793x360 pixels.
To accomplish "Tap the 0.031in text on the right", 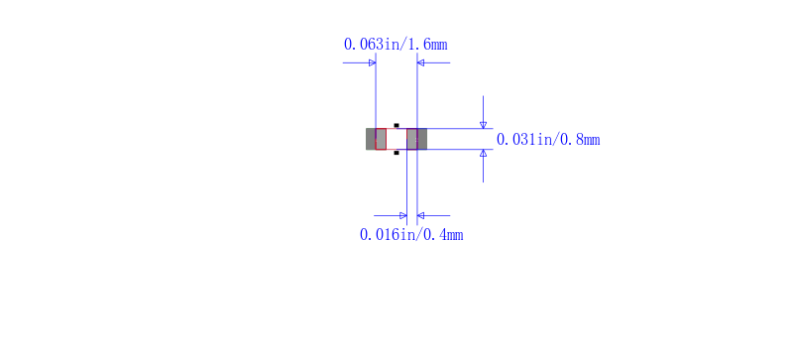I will pyautogui.click(x=522, y=140).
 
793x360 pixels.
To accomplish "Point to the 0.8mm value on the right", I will pyautogui.click(x=579, y=140).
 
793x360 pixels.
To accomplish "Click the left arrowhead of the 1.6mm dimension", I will pyautogui.click(x=372, y=62).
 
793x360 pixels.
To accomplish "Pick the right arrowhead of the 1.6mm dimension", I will pyautogui.click(x=421, y=62).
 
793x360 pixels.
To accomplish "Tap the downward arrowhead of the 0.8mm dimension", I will pyautogui.click(x=483, y=124).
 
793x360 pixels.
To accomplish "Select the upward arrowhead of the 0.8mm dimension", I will pyautogui.click(x=483, y=154).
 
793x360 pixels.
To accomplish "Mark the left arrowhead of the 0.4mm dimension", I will pyautogui.click(x=402, y=215).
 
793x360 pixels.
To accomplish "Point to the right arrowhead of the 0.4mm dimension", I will pyautogui.click(x=421, y=215).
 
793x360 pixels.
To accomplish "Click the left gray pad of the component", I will pyautogui.click(x=376, y=139).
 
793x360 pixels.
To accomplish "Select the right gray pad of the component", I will pyautogui.click(x=417, y=139).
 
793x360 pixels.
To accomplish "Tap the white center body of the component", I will pyautogui.click(x=396, y=139).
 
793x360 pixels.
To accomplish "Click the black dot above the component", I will pyautogui.click(x=396, y=125).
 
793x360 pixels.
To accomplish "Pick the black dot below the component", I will pyautogui.click(x=396, y=154).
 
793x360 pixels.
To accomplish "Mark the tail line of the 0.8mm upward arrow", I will pyautogui.click(x=483, y=170).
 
